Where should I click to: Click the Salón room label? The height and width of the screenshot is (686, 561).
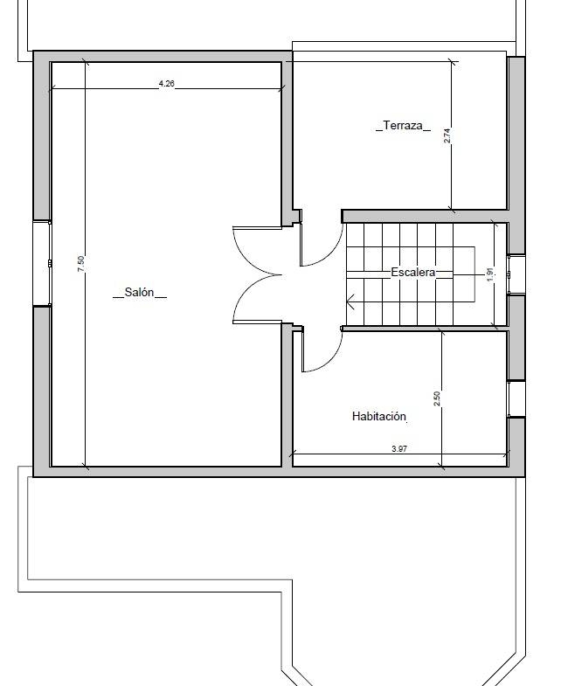click(x=140, y=292)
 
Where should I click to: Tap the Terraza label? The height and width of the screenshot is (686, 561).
click(x=403, y=126)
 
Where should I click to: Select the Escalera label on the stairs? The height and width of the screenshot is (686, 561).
click(x=413, y=272)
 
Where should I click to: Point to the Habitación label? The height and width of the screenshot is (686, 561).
click(x=379, y=416)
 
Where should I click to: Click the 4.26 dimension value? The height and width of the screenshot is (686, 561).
click(x=166, y=83)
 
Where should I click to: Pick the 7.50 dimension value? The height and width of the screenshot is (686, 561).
click(x=80, y=264)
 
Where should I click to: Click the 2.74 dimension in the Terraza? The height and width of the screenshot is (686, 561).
click(x=447, y=135)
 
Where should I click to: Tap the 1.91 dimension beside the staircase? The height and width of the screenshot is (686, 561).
click(x=490, y=274)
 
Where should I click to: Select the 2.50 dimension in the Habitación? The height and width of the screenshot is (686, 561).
click(x=437, y=398)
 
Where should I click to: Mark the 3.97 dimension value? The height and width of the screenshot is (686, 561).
click(x=399, y=448)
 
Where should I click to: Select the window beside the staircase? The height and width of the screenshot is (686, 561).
click(x=516, y=274)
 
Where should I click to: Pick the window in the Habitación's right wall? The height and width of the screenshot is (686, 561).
click(x=516, y=399)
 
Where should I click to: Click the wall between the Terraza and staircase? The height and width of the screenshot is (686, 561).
click(x=425, y=216)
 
